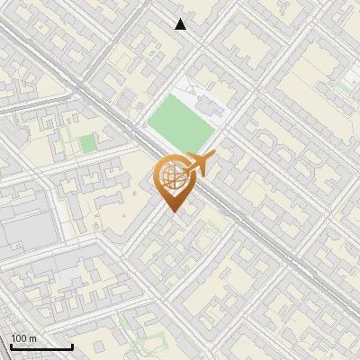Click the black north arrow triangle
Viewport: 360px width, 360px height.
181,24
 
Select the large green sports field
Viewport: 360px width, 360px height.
181,125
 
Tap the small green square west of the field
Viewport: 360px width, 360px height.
86,143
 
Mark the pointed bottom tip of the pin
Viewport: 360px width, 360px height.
172,211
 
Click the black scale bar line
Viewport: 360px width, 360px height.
41,347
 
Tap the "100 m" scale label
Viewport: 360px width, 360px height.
23,338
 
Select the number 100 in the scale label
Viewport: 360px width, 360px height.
20,338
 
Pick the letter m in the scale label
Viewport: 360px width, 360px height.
32,338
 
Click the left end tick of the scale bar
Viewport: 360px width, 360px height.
11,346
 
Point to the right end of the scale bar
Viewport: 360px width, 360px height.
72,346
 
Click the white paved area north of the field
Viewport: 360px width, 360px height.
189,90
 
